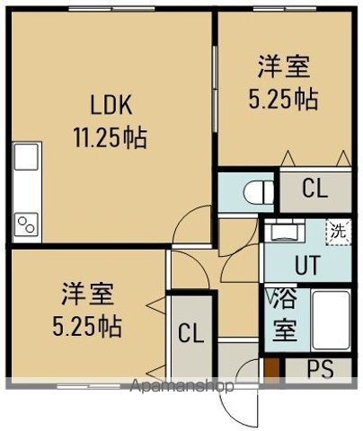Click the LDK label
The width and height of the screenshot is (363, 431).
click(x=111, y=106)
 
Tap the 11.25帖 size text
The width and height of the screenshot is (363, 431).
click(x=111, y=138)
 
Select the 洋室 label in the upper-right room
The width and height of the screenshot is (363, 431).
click(x=284, y=66)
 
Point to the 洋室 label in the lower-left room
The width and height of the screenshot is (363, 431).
click(x=87, y=293)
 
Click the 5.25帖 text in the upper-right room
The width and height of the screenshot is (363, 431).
click(x=283, y=98)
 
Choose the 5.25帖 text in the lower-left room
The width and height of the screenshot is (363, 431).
click(x=87, y=324)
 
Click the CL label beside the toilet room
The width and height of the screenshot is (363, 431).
click(x=314, y=189)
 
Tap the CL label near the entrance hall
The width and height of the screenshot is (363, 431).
click(x=190, y=333)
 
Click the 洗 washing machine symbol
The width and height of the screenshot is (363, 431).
click(x=336, y=230)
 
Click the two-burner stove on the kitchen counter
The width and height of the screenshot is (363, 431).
click(x=25, y=222)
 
